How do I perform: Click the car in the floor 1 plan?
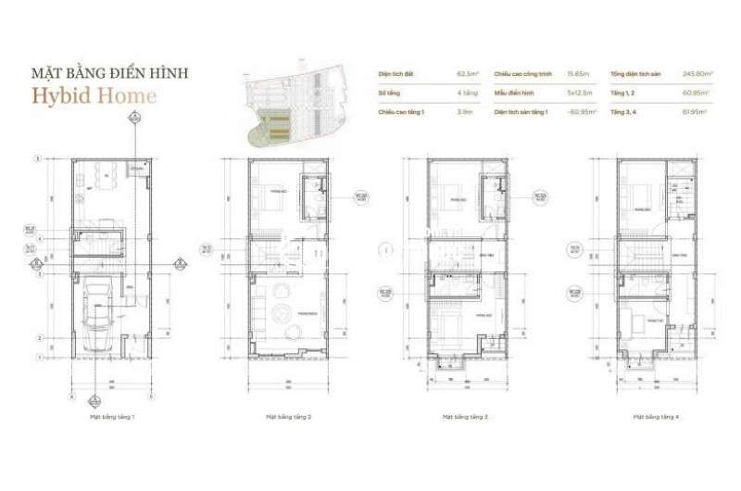click(97, 315)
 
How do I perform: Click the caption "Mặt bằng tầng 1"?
click(113, 417)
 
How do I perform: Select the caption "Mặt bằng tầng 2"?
click(288, 417)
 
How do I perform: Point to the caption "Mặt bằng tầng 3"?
click(466, 417)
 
